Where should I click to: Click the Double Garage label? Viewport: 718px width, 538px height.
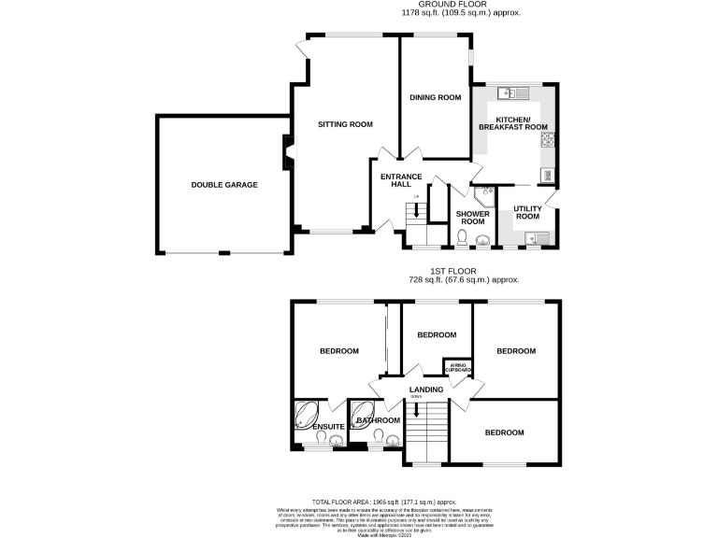224,185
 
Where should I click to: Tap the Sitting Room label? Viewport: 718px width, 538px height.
345,124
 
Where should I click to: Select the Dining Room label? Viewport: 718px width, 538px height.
436,97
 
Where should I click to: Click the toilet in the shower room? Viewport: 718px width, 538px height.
464,240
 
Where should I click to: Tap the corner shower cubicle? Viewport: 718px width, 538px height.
485,195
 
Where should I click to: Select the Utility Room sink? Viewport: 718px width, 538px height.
534,237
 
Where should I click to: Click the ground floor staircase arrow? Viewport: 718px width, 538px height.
416,210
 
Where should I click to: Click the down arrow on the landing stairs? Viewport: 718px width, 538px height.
417,407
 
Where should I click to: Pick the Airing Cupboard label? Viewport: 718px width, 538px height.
458,368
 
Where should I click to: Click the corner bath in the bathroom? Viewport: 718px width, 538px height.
362,412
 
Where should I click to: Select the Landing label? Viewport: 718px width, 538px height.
425,389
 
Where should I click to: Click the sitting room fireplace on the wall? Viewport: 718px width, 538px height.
289,149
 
